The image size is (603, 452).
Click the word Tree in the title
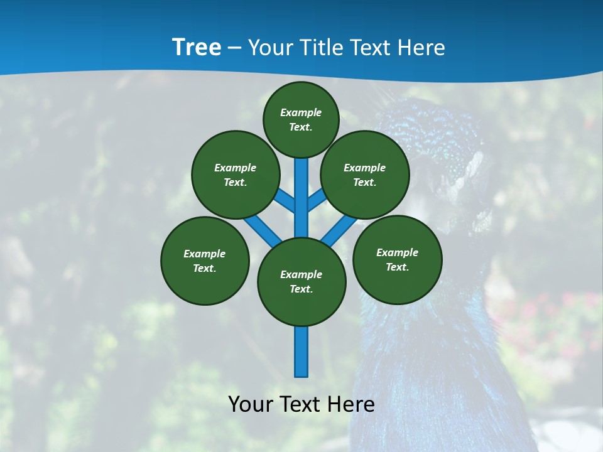197,48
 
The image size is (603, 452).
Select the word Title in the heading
322,48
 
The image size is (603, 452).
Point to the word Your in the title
270,48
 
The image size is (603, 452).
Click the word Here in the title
422,48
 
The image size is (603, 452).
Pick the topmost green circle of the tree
301,119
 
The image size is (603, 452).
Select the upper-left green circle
236,175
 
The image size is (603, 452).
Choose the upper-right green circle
365,175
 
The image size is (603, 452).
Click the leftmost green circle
205,261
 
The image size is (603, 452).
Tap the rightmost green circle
397,259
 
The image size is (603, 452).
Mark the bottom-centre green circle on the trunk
301,282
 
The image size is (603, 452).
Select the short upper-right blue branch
317,202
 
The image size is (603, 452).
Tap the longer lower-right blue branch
337,232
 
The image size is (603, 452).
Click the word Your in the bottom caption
251,404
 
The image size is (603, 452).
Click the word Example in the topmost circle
301,112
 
